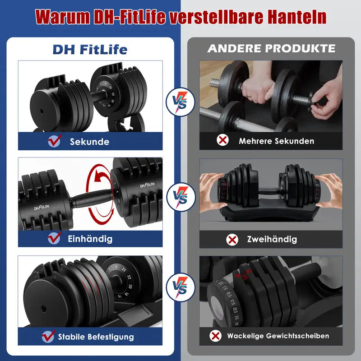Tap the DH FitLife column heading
(90, 49)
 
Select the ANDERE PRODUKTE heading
(271, 48)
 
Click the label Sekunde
(89, 142)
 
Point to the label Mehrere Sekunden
(276, 141)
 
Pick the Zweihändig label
(272, 239)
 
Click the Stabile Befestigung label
(96, 337)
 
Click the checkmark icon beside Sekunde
(54, 141)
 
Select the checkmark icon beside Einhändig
(54, 237)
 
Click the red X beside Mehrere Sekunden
(223, 141)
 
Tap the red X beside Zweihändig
(232, 239)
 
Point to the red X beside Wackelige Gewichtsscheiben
(216, 336)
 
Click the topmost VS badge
(180, 102)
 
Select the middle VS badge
(180, 197)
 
